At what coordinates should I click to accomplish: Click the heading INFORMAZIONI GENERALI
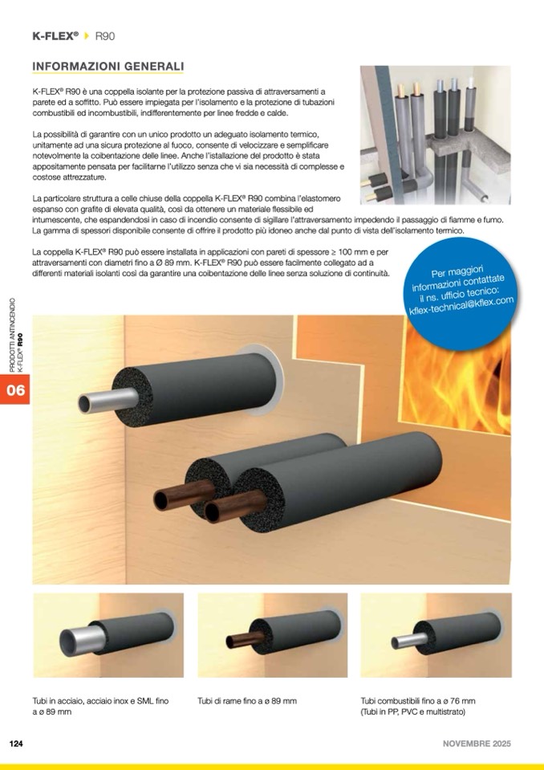coord(108,67)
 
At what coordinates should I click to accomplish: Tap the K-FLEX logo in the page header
coord(55,36)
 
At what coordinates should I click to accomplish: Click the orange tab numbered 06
coord(14,389)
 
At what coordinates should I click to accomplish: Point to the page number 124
coord(16,744)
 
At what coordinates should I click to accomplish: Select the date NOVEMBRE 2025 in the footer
coord(477,744)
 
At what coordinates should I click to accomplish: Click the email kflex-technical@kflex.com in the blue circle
coord(461,306)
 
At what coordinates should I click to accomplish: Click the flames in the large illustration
coord(457,378)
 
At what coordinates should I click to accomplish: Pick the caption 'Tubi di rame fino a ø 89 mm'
coord(247,701)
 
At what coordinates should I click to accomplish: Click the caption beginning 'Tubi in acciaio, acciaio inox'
coord(100,706)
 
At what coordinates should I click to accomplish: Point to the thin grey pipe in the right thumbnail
coord(409,641)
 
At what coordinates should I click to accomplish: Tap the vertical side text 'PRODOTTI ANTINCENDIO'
coord(12,335)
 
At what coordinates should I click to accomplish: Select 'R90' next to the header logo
coord(105,36)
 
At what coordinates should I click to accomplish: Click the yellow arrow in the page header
coord(87,36)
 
